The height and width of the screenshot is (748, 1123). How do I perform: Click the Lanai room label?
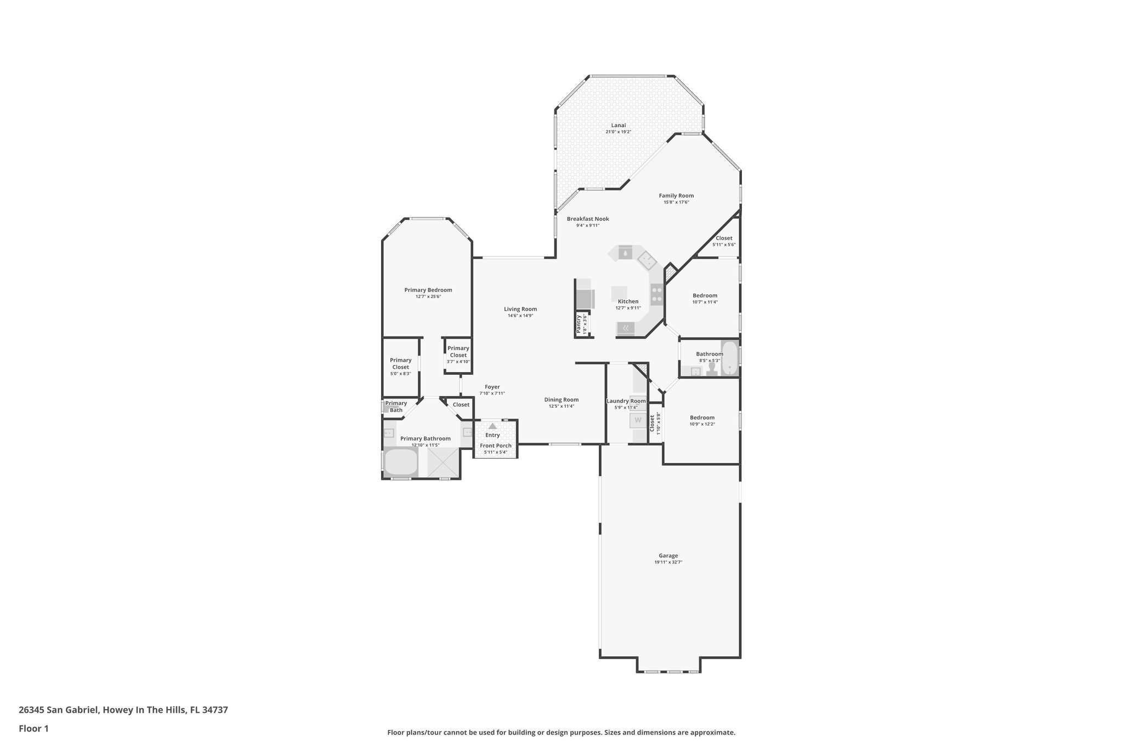[x=618, y=125]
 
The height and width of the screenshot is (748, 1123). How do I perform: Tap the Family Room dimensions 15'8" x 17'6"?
[x=676, y=202]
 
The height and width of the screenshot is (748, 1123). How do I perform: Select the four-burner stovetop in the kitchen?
[x=656, y=295]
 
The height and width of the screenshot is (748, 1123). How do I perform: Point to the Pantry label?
[x=578, y=324]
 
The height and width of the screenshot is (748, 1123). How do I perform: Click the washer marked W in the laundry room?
[x=638, y=420]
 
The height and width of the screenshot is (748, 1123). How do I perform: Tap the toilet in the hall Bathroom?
[x=712, y=368]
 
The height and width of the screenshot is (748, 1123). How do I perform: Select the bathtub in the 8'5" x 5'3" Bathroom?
[x=729, y=358]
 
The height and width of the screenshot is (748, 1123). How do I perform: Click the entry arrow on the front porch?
[x=492, y=426]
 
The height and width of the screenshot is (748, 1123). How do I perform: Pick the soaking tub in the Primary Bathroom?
[x=401, y=462]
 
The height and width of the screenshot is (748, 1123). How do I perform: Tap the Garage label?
[x=668, y=556]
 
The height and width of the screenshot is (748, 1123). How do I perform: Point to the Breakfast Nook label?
[x=588, y=219]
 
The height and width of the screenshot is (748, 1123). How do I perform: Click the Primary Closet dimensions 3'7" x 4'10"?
[x=458, y=361]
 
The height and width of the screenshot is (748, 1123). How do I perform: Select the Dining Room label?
[x=561, y=399]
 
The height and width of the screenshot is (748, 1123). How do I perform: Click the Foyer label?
[x=492, y=387]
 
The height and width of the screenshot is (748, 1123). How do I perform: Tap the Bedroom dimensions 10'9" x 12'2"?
[x=702, y=424]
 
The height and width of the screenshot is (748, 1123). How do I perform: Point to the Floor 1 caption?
[x=33, y=728]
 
